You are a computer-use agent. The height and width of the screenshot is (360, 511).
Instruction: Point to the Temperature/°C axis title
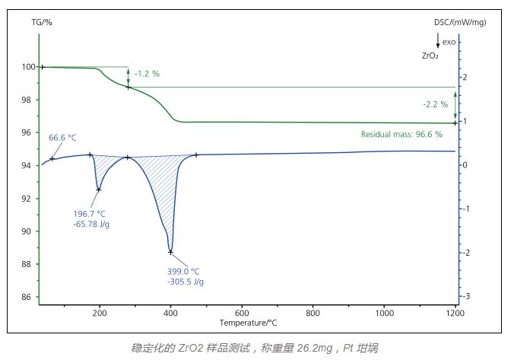coord(247,323)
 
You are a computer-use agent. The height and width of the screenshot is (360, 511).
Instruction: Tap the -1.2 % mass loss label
coord(147,74)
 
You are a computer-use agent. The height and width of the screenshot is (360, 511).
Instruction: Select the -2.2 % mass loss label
coord(435,104)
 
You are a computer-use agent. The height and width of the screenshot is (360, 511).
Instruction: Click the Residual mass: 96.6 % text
coord(401,134)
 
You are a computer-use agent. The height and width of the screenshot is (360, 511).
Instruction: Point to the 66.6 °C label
coord(62,138)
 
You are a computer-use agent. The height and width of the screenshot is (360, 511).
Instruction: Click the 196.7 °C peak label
coord(90,214)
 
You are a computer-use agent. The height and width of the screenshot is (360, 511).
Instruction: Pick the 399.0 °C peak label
coord(183,271)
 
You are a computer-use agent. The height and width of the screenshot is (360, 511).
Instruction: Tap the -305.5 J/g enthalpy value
coord(185,282)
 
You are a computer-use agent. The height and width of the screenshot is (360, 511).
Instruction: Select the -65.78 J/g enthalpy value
coord(92,225)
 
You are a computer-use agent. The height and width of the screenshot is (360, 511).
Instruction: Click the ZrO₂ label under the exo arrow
coord(430,56)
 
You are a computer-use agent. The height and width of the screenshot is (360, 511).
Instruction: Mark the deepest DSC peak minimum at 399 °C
coord(170,252)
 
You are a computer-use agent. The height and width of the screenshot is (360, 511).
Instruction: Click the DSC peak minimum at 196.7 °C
coord(99,190)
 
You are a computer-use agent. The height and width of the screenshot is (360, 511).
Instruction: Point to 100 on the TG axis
coord(28,67)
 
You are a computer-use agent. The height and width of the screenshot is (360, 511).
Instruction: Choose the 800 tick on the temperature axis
coord(313,313)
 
